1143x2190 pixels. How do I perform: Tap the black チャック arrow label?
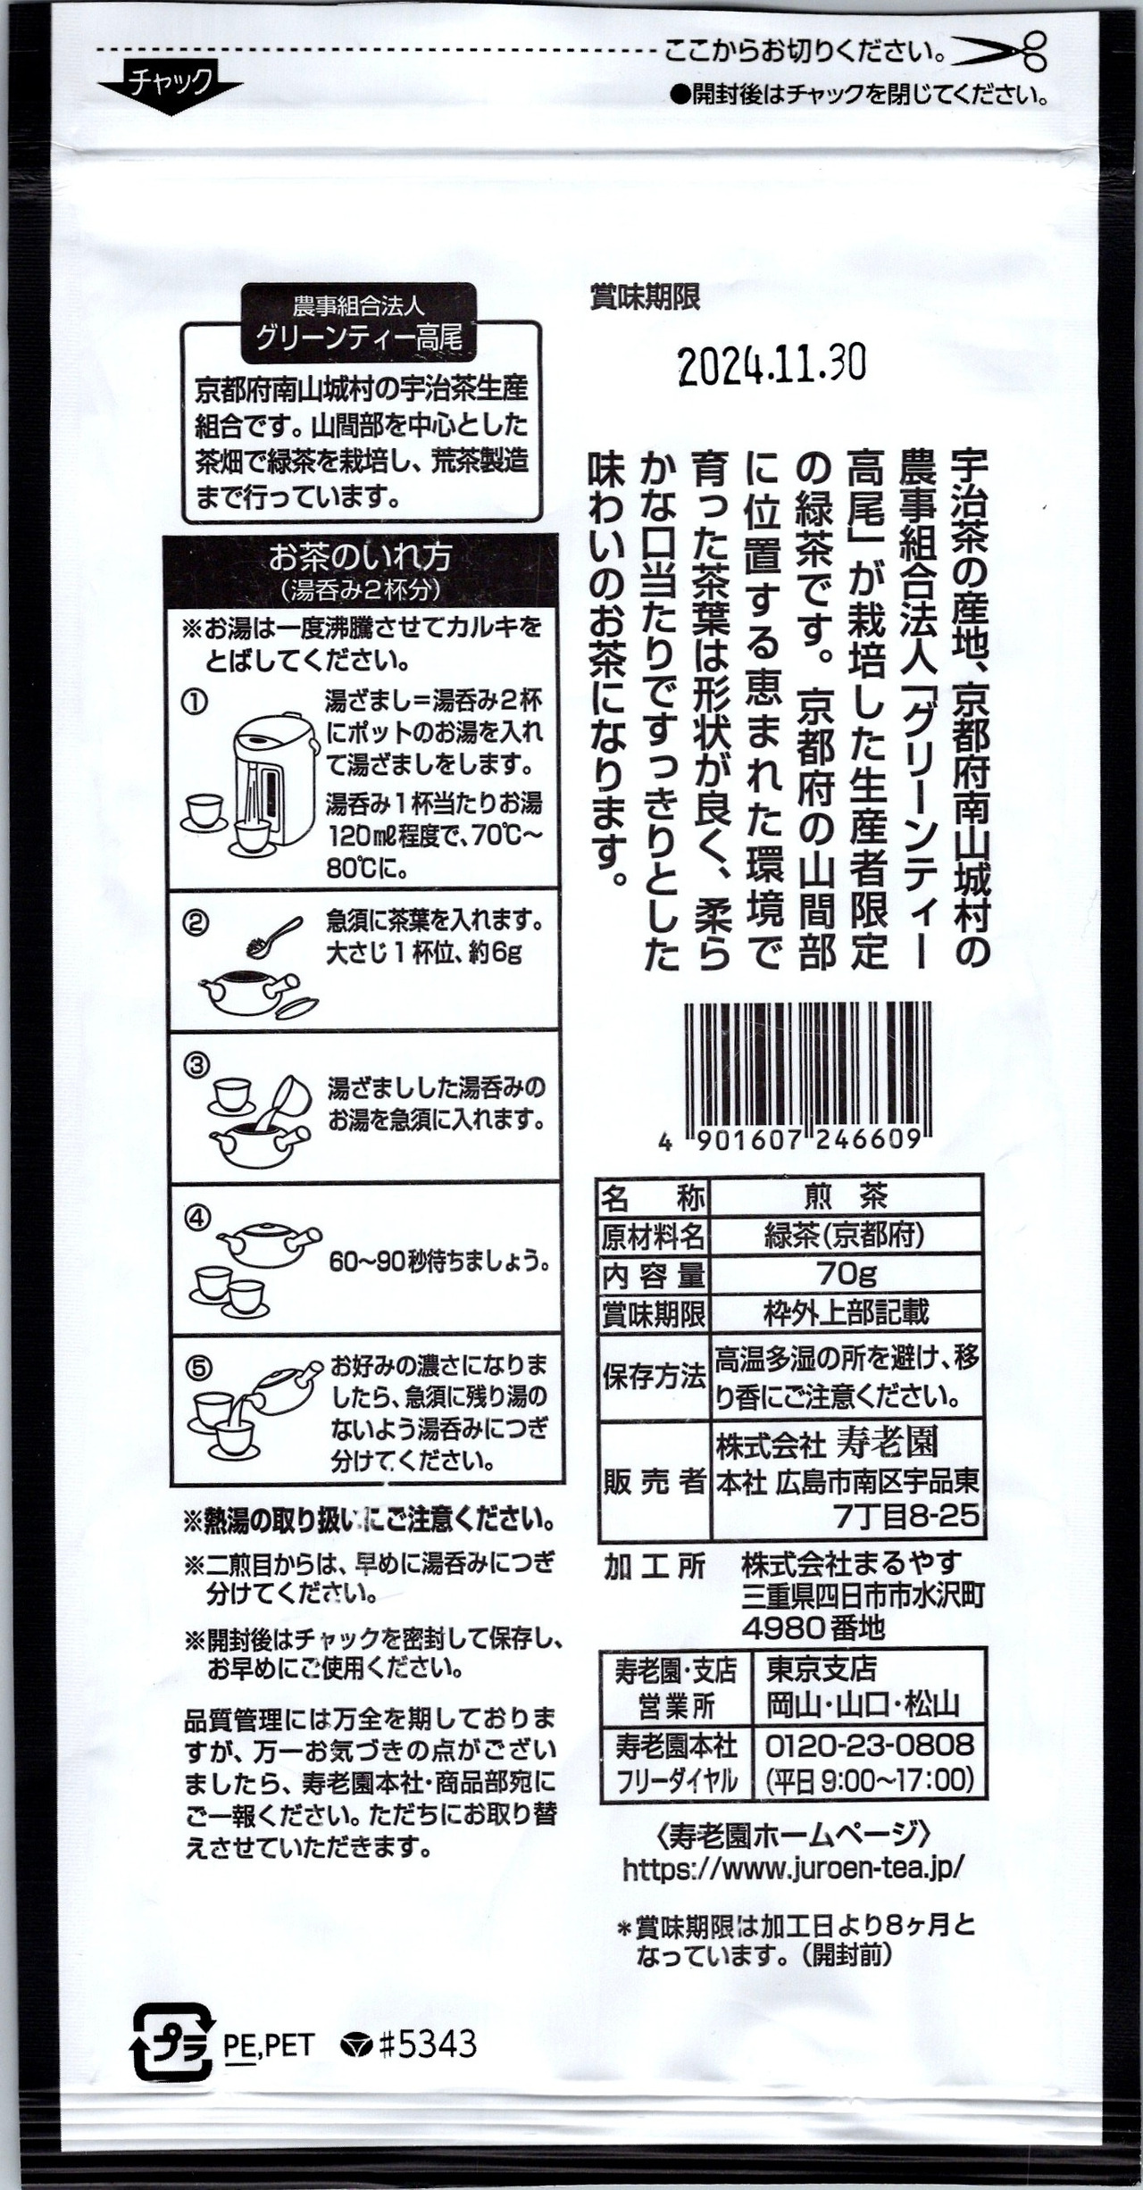pos(171,87)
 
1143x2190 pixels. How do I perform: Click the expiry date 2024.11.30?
pos(772,364)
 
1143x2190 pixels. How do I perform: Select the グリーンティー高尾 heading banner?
pos(359,323)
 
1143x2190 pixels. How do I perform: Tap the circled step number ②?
pos(196,922)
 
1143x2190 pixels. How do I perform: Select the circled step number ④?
pos(197,1218)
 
